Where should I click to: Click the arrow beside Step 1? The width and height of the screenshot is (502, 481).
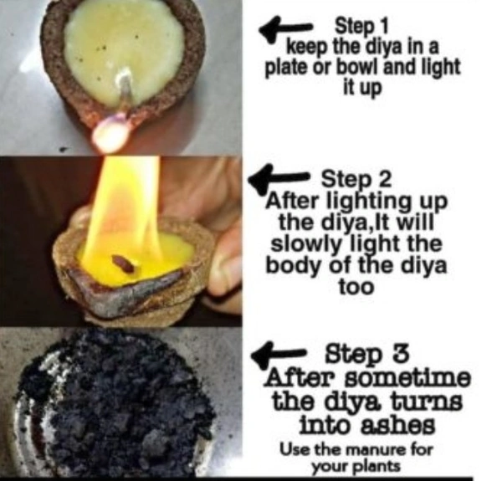pos(285,28)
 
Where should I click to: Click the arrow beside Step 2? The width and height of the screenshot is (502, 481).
pos(279,178)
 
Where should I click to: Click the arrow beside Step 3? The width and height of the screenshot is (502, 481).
pos(278,355)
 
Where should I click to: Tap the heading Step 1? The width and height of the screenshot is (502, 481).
pos(361,26)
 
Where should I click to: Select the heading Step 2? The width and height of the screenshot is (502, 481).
pos(356,179)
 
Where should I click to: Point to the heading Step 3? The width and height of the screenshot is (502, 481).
pos(367,355)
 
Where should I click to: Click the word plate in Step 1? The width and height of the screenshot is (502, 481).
pos(285,68)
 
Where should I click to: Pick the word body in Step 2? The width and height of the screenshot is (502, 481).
pos(291,267)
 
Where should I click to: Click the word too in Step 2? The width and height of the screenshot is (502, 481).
pos(356,287)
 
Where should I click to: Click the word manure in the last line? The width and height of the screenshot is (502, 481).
pos(373,450)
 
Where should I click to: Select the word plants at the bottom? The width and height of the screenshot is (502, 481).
pos(378,467)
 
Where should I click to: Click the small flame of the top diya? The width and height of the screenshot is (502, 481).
pos(110,134)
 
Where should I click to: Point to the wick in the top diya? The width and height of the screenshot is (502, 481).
pos(125,88)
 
